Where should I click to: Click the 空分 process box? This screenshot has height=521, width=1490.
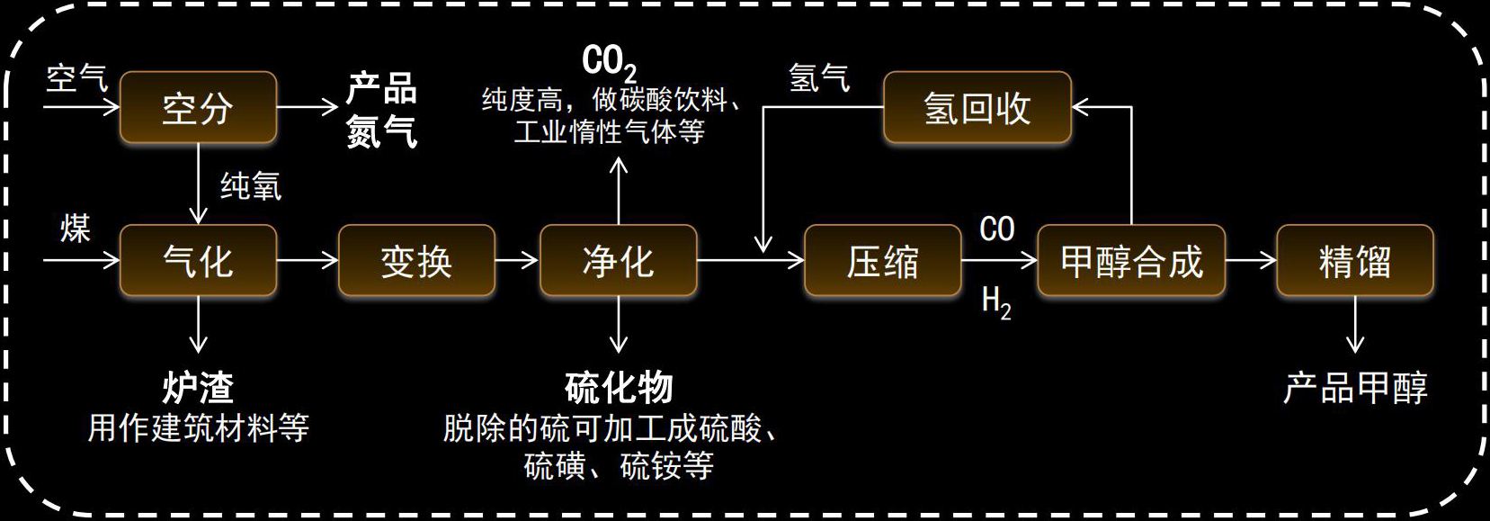[x=198, y=107]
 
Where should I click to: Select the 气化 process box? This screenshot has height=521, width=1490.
[x=198, y=261]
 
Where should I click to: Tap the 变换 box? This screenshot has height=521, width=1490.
[x=416, y=261]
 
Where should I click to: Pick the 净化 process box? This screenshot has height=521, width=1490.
[x=618, y=261]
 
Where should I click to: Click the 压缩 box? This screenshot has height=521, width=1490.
[x=882, y=261]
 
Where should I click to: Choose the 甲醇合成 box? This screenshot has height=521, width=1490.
[x=1130, y=261]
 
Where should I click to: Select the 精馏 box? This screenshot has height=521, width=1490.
[x=1354, y=261]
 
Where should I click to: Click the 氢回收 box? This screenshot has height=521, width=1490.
[x=977, y=108]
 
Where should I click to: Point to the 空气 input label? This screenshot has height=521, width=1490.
[x=76, y=77]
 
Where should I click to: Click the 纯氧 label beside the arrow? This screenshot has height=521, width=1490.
[x=251, y=186]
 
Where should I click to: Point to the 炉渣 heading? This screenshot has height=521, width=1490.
[x=198, y=388]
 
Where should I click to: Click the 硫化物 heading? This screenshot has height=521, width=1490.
[x=619, y=388]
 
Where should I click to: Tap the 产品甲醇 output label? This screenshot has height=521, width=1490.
[x=1354, y=388]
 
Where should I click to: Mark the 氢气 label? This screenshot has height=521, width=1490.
[x=818, y=77]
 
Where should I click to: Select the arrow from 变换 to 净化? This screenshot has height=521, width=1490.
[x=516, y=261]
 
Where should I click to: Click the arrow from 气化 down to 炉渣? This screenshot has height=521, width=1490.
[x=198, y=325]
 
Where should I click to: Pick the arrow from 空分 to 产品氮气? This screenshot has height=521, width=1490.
[x=307, y=107]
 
